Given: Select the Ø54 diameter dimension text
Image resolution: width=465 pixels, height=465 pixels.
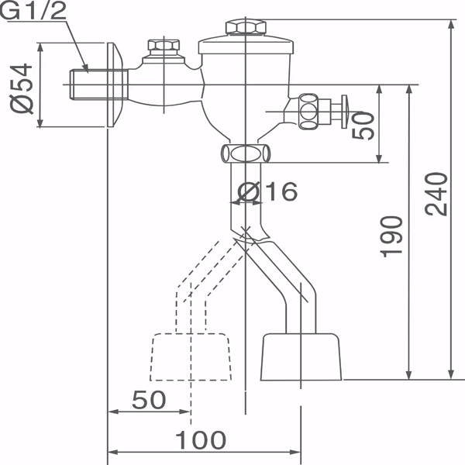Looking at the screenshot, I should click(x=23, y=87).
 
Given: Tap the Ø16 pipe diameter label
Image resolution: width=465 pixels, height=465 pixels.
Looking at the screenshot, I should click(x=267, y=191).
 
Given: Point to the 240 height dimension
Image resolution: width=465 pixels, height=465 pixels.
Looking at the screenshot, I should click(x=436, y=194).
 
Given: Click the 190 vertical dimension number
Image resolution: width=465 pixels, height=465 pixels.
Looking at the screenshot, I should click(x=392, y=236).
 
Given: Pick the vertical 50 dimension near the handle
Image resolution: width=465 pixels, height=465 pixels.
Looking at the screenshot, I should click(x=363, y=124).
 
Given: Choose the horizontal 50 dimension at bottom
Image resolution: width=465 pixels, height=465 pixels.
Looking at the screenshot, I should click(x=149, y=400).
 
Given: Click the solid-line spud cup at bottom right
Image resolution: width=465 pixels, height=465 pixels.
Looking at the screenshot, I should click(x=301, y=356).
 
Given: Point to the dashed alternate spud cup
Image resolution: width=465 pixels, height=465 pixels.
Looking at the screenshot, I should click(x=191, y=356).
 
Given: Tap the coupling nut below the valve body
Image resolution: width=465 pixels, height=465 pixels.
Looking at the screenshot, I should click(x=246, y=153).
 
